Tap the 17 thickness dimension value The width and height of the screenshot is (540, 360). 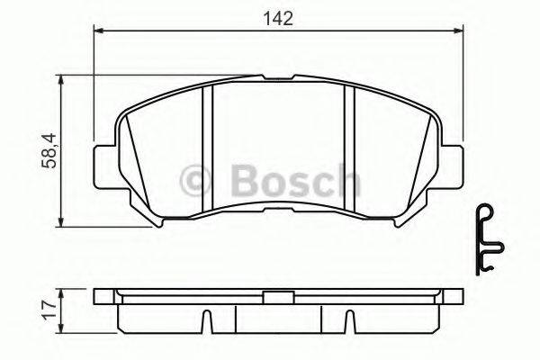tap(46, 311)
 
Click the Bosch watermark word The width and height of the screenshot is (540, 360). tap(287, 183)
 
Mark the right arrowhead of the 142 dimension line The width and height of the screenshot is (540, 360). tap(458, 32)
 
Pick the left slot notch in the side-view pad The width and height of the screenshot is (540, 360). tap(208, 320)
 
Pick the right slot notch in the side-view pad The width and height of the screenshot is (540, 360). tap(346, 320)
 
